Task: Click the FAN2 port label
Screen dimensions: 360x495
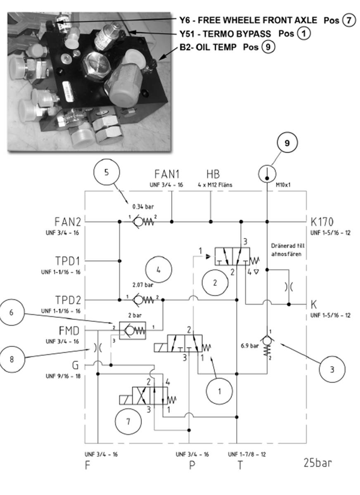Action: tap(68, 221)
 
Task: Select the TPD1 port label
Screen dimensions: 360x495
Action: tap(68, 261)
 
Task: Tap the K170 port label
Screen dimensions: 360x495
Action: tap(322, 221)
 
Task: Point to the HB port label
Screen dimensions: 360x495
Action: tap(213, 174)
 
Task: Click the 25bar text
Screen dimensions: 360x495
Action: tap(318, 463)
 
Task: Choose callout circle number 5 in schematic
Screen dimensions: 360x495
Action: tap(107, 172)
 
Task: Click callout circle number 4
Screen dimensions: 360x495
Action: tap(159, 270)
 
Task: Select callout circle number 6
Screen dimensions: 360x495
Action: tap(12, 312)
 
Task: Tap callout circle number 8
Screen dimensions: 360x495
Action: tap(12, 359)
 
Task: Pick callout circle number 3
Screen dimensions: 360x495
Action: tap(332, 369)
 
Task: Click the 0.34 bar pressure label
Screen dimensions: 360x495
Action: tap(143, 207)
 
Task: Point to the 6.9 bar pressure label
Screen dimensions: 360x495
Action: tap(250, 346)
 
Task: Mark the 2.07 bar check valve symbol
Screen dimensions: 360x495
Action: tap(143, 299)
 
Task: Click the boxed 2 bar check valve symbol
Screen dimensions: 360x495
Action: tap(133, 331)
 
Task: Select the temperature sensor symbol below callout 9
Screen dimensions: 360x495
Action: tap(267, 173)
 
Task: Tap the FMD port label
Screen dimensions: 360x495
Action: tap(69, 331)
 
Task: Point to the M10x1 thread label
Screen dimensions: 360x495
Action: tap(283, 185)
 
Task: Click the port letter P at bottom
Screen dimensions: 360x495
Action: tap(192, 465)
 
